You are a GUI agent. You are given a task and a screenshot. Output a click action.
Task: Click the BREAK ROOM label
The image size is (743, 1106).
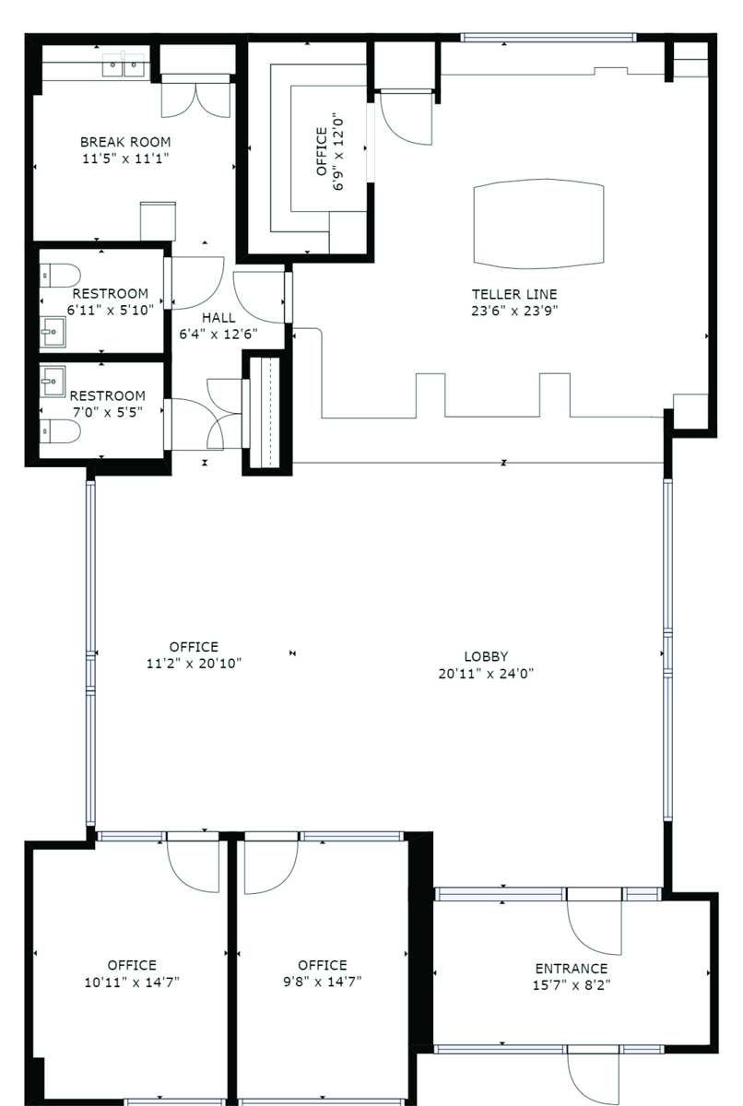[x=125, y=142]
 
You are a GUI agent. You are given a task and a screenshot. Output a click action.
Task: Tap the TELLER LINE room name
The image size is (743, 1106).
[x=514, y=294]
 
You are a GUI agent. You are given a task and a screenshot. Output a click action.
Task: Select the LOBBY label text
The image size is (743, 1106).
[x=486, y=656]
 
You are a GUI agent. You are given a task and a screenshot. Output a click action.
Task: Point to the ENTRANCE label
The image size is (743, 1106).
[x=572, y=969]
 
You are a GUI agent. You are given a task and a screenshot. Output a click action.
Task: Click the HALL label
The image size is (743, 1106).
[x=218, y=317]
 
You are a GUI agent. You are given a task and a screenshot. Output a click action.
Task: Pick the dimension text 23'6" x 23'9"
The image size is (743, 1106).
[x=514, y=311]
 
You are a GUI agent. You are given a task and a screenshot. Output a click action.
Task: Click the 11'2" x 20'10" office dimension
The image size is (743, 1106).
[x=194, y=663]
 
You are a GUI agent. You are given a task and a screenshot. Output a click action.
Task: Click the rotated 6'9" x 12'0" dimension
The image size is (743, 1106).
[x=337, y=154]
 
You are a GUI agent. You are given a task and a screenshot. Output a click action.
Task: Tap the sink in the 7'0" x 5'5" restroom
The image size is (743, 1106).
[x=52, y=382]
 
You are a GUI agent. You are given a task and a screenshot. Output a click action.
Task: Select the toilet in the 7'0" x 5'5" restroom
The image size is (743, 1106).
[x=60, y=431]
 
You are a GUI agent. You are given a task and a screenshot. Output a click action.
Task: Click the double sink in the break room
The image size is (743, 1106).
[x=124, y=65]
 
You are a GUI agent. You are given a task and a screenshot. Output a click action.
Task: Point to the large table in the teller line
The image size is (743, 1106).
[x=538, y=224]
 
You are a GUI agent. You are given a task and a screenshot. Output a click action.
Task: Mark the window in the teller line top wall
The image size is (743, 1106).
[x=548, y=38]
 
